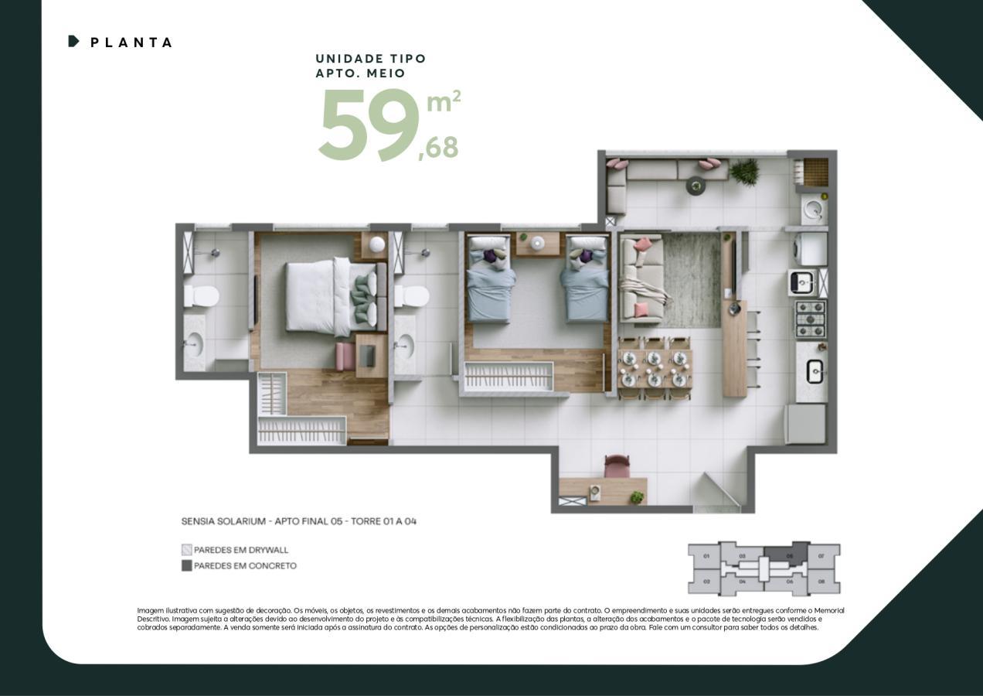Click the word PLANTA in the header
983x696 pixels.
pyautogui.click(x=131, y=43)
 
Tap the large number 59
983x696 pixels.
pyautogui.click(x=367, y=125)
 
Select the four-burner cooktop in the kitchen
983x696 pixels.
pyautogui.click(x=810, y=319)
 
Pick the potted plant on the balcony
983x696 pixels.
pyautogui.click(x=745, y=172)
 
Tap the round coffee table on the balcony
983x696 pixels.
pyautogui.click(x=696, y=185)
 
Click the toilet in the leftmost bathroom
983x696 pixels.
pyautogui.click(x=201, y=296)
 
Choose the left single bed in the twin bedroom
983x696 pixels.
pyautogui.click(x=490, y=280)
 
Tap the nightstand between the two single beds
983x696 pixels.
pyautogui.click(x=537, y=243)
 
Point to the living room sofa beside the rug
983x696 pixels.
pyautogui.click(x=641, y=278)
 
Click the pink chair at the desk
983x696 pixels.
pyautogui.click(x=616, y=466)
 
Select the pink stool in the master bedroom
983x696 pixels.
pyautogui.click(x=345, y=357)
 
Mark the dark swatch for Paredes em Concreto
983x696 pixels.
pyautogui.click(x=186, y=565)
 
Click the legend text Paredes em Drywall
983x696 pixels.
pyautogui.click(x=240, y=550)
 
